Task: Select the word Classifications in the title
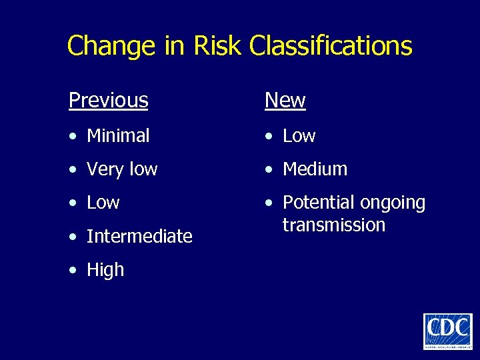[x=331, y=46]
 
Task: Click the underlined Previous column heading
[x=108, y=101]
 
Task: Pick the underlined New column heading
[x=285, y=101]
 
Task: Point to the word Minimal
[x=118, y=136]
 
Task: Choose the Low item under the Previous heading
[x=103, y=203]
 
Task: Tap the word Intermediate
[x=139, y=237]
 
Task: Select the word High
[x=105, y=270]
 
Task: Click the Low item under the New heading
[x=299, y=136]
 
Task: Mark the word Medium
[x=315, y=169]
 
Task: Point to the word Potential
[x=317, y=203]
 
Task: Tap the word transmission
[x=334, y=225]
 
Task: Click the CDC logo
[x=447, y=331]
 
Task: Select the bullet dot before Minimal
[x=73, y=137]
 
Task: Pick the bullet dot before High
[x=73, y=271]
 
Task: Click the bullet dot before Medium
[x=269, y=170]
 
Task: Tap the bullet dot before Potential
[x=269, y=203]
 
